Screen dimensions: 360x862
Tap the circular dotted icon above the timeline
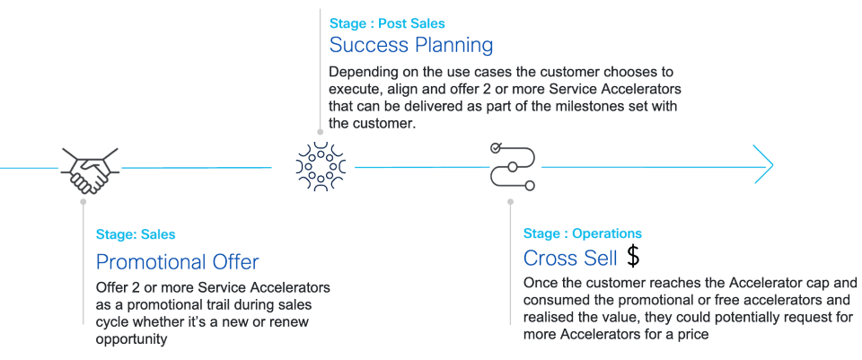[321, 166]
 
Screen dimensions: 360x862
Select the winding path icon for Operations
[513, 166]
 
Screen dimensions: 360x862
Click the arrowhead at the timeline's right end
[763, 166]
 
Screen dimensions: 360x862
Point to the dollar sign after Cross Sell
[633, 257]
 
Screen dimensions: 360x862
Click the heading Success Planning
[411, 44]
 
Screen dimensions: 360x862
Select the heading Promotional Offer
[177, 262]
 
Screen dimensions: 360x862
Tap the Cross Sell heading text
[570, 258]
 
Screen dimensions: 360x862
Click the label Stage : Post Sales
[387, 23]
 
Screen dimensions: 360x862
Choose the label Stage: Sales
[136, 235]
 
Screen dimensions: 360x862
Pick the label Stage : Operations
[583, 233]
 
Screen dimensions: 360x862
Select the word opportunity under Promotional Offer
[133, 339]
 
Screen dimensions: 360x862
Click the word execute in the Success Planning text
[359, 89]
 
